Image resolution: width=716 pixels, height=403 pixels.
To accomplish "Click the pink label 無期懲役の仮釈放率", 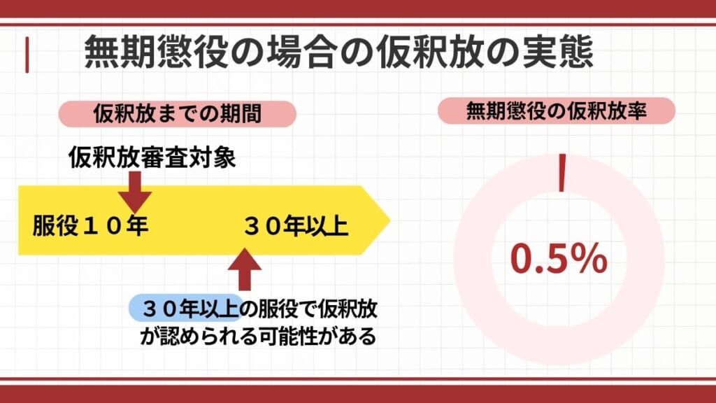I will point(556,111).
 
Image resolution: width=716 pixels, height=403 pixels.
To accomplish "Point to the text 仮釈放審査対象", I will point(152,158).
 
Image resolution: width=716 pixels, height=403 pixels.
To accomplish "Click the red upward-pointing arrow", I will point(244,269).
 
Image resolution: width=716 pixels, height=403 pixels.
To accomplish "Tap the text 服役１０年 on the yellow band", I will point(90,227).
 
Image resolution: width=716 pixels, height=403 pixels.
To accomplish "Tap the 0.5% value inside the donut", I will point(558,258).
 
